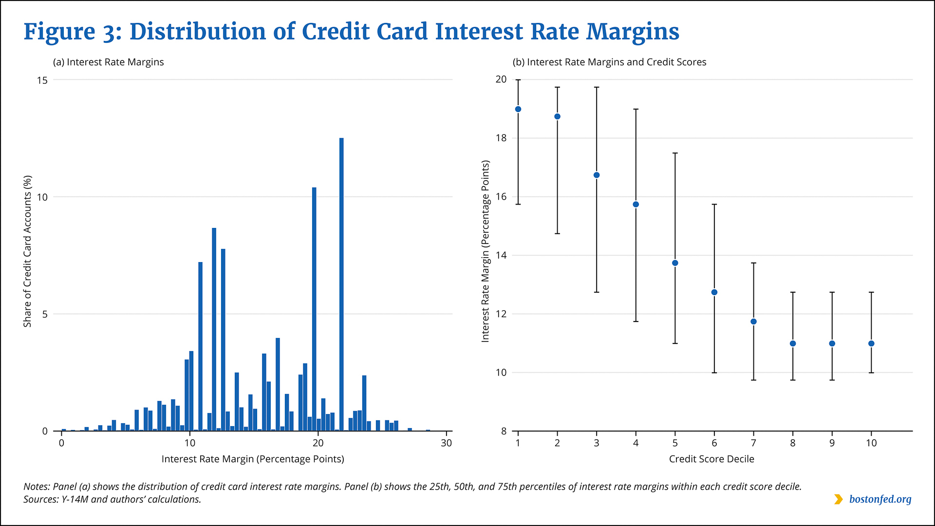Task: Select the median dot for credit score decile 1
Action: point(518,109)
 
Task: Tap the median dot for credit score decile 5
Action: point(675,263)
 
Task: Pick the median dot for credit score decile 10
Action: point(871,343)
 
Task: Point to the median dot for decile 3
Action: point(597,175)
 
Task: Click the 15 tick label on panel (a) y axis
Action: point(42,80)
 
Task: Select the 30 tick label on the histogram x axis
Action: point(446,443)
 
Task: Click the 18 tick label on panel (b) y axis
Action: point(501,138)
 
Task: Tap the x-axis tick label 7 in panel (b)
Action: point(753,443)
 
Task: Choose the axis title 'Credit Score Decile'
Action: point(711,459)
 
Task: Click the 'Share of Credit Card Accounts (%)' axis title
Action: point(27,251)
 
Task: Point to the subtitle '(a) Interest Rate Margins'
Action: point(108,62)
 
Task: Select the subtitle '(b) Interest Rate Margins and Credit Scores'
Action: point(609,62)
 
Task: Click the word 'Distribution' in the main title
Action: point(198,32)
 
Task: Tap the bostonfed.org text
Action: point(880,499)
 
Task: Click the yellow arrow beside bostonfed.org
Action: point(838,499)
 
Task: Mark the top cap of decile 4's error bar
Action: point(636,109)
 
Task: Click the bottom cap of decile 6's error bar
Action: point(714,373)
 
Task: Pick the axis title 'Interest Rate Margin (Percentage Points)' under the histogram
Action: point(253,459)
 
